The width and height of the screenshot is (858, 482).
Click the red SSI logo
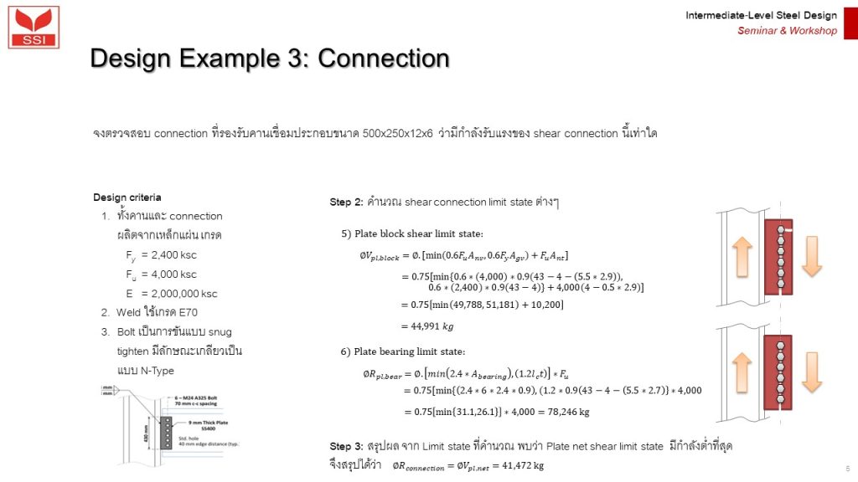[34, 26]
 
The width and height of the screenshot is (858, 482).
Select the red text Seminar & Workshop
[787, 31]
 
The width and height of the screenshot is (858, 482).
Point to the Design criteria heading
[127, 197]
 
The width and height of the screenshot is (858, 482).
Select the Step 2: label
[346, 203]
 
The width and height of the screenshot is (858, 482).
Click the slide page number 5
[848, 469]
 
